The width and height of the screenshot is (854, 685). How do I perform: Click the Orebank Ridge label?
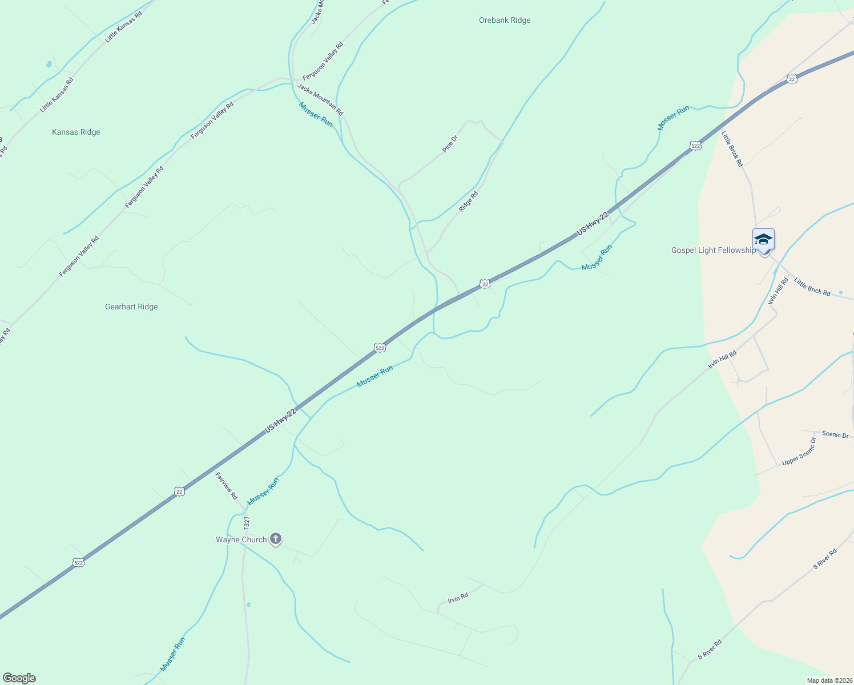(505, 21)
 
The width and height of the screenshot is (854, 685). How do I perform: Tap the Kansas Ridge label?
(76, 132)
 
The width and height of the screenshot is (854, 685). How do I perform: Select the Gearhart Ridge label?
(131, 307)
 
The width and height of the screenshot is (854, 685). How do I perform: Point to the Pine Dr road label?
(450, 143)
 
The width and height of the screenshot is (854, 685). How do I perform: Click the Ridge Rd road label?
(468, 202)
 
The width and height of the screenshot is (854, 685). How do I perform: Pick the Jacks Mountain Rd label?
(320, 99)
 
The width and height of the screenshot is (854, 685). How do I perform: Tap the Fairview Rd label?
(226, 485)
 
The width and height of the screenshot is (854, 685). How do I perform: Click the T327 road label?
(247, 524)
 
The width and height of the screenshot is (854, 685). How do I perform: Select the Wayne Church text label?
(241, 539)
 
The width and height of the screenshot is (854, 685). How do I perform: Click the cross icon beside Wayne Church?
(275, 538)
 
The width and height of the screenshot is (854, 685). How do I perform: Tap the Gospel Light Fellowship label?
(713, 251)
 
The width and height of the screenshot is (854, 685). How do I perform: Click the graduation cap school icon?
(763, 239)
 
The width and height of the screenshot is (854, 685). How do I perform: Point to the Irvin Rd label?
(458, 598)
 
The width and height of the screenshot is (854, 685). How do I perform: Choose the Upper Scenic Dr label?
(799, 451)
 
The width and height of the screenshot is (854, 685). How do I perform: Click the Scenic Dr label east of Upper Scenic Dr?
(835, 435)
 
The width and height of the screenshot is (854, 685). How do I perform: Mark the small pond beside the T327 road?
(248, 604)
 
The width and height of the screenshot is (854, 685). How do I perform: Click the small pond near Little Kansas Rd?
(49, 64)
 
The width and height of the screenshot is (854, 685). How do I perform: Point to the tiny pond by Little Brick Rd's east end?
(841, 293)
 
